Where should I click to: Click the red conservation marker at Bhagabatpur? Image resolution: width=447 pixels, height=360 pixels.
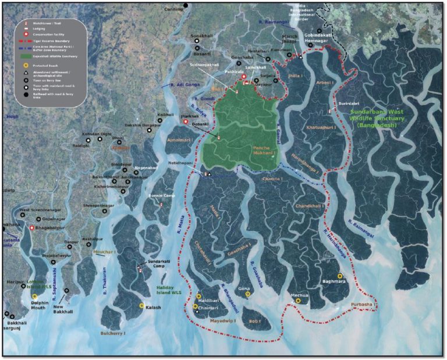click(x=32, y=229)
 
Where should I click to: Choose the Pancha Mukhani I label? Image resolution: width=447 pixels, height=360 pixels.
click(x=267, y=152)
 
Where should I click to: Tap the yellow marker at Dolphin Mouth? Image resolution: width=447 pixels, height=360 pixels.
click(x=35, y=297)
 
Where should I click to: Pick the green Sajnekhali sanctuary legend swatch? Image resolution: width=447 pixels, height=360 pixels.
click(x=26, y=56)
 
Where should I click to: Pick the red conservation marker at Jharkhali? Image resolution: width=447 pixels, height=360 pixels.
click(x=186, y=122)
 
